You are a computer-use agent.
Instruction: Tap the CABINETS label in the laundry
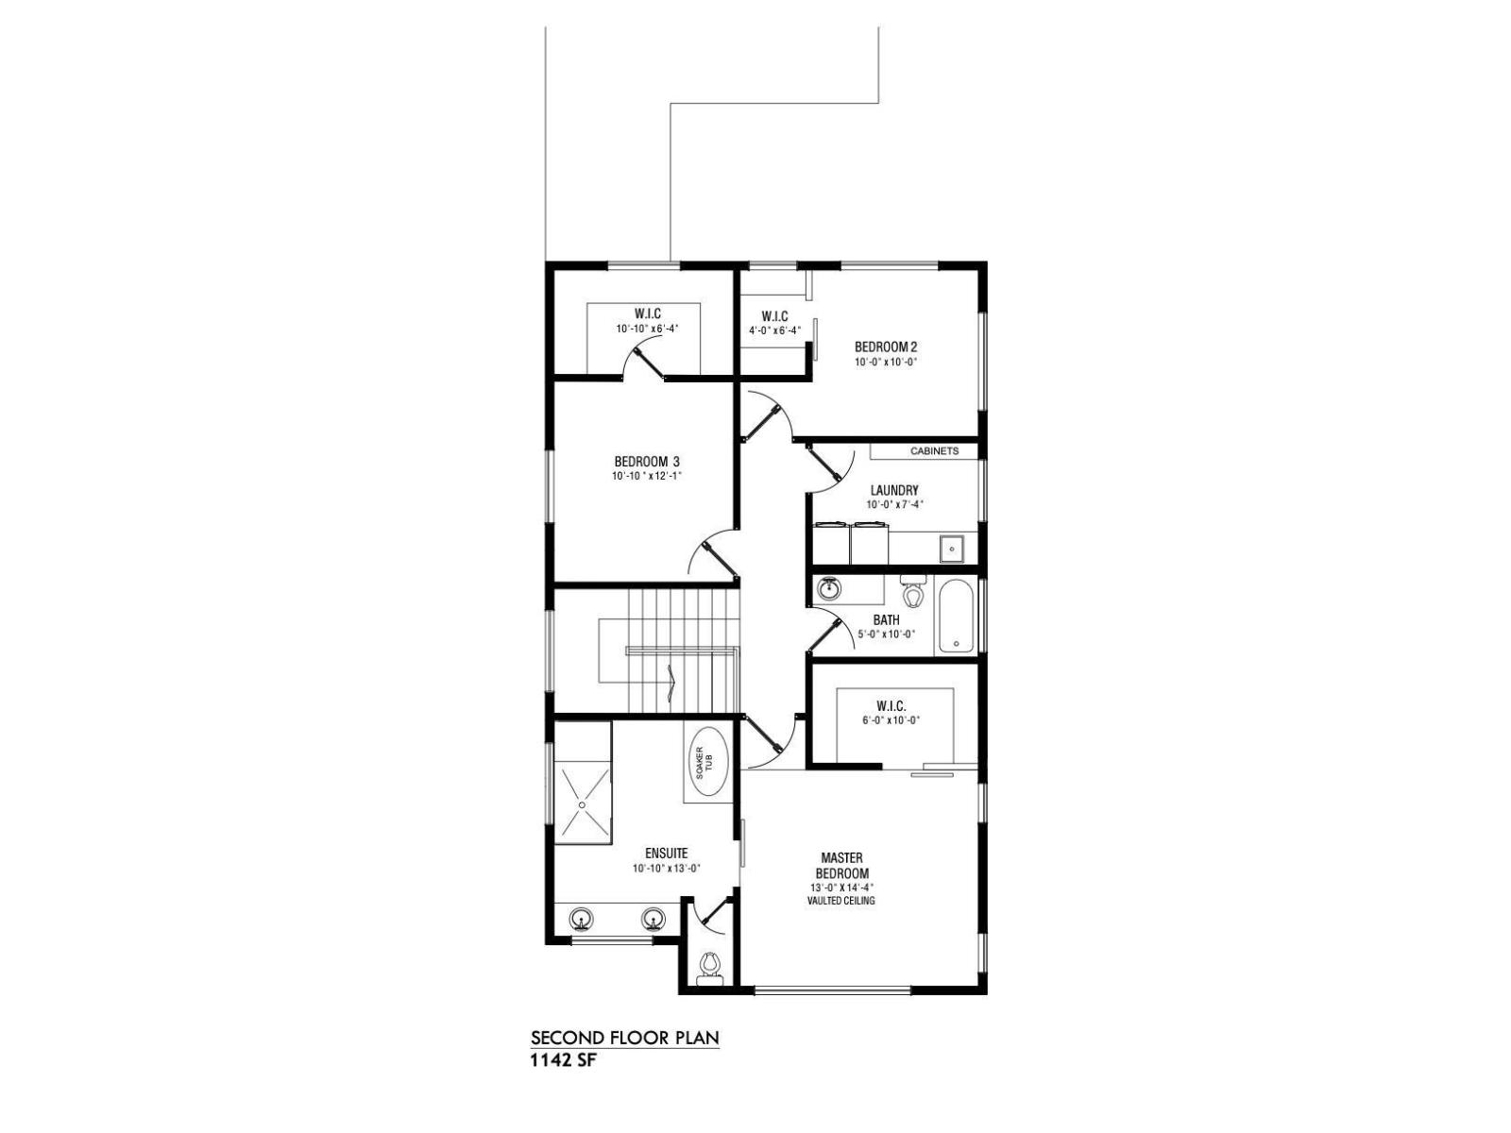pyautogui.click(x=934, y=451)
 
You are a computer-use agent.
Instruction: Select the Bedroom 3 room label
pyautogui.click(x=646, y=462)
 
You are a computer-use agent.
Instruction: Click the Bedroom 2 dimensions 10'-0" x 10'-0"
pyautogui.click(x=886, y=362)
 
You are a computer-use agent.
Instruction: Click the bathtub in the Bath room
pyautogui.click(x=957, y=617)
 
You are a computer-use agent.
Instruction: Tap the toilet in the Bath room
pyautogui.click(x=912, y=593)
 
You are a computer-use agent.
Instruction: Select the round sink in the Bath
pyautogui.click(x=829, y=590)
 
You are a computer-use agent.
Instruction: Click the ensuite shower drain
pyautogui.click(x=583, y=804)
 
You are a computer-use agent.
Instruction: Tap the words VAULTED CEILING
pyautogui.click(x=840, y=901)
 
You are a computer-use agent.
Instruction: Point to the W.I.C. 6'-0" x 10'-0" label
pyautogui.click(x=891, y=713)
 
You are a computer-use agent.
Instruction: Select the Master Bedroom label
pyautogui.click(x=841, y=866)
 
